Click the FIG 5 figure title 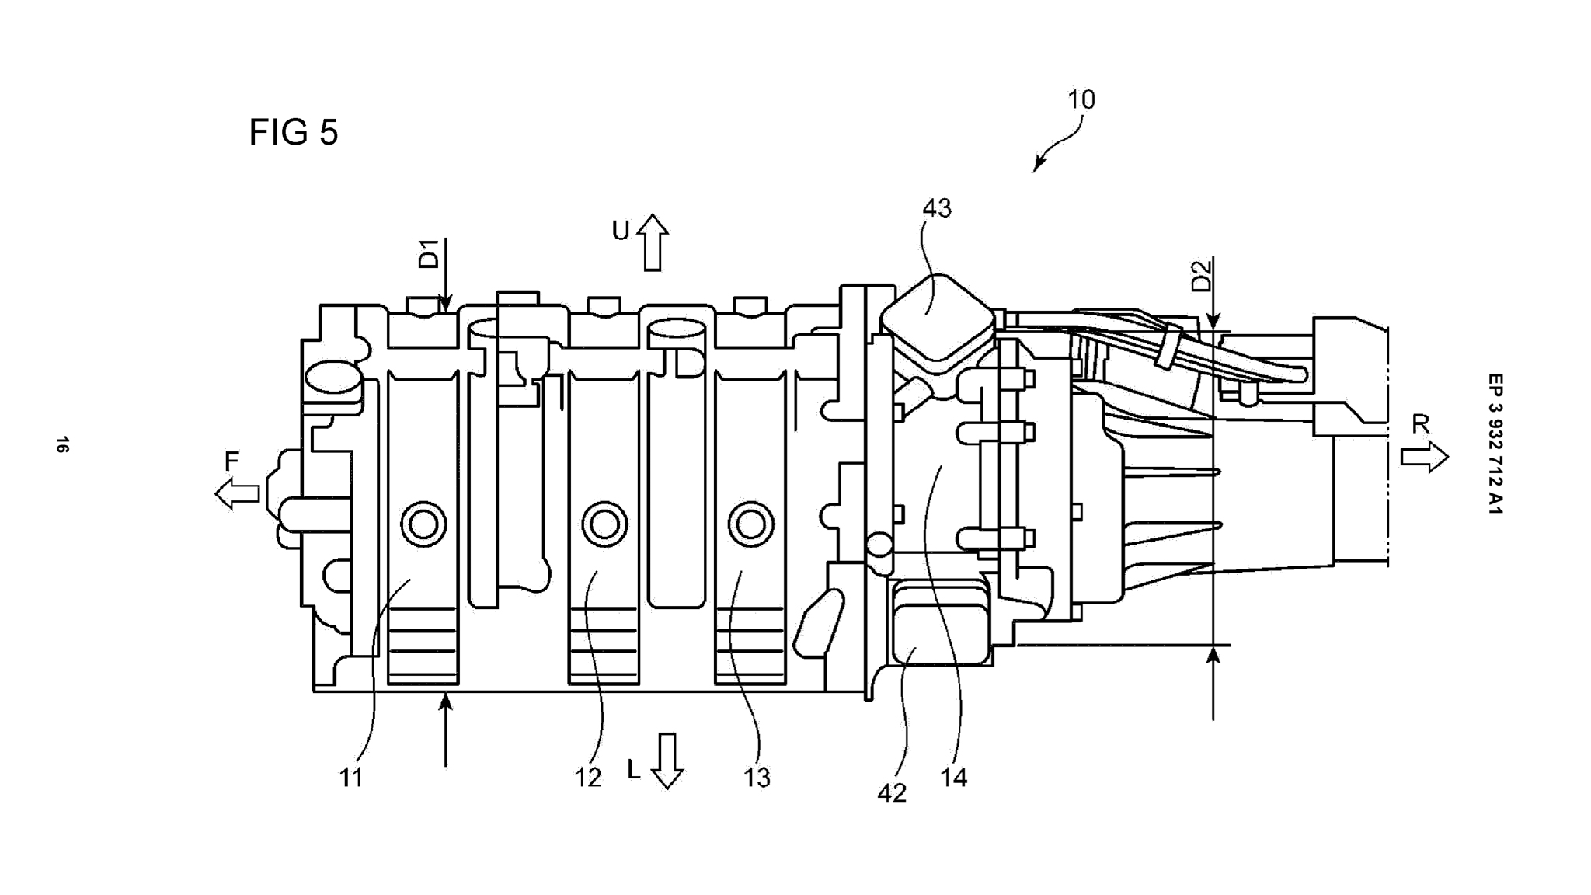pos(293,132)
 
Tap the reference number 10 pos(1081,99)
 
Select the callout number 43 pos(937,208)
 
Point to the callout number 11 pos(351,778)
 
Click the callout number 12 pos(588,778)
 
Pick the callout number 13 pos(757,778)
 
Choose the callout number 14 pos(954,778)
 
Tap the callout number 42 pos(892,793)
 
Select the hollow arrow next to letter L pos(667,761)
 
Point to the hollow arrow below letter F pos(237,493)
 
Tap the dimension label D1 pos(429,254)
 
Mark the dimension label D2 pos(1201,276)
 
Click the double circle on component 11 pos(423,525)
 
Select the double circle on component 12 pos(604,525)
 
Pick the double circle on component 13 pos(750,525)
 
